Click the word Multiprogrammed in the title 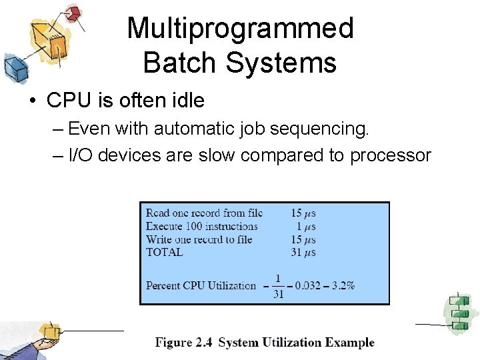240,29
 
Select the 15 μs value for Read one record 303,213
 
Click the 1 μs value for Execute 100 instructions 307,227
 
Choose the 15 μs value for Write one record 303,239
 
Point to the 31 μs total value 303,252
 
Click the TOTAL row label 164,252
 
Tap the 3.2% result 342,285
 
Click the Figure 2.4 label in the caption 184,343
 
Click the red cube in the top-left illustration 73,13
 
